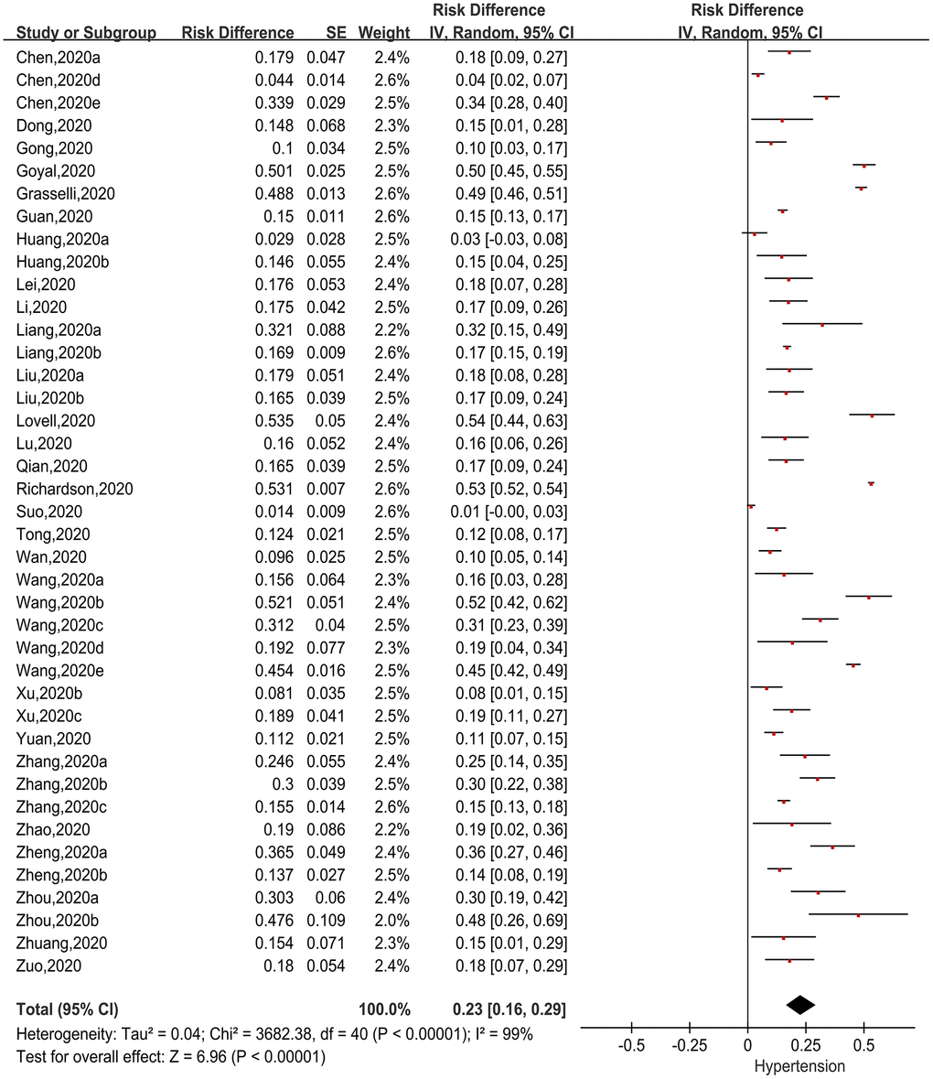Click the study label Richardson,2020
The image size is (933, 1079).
[x=74, y=489]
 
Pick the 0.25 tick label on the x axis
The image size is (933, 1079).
[x=805, y=1044]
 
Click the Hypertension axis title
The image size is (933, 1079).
[x=799, y=1065]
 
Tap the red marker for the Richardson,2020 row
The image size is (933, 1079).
[x=871, y=483]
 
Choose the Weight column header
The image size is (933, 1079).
[x=384, y=33]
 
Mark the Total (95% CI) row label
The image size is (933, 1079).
[x=67, y=1009]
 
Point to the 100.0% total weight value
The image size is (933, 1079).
[x=384, y=1009]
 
